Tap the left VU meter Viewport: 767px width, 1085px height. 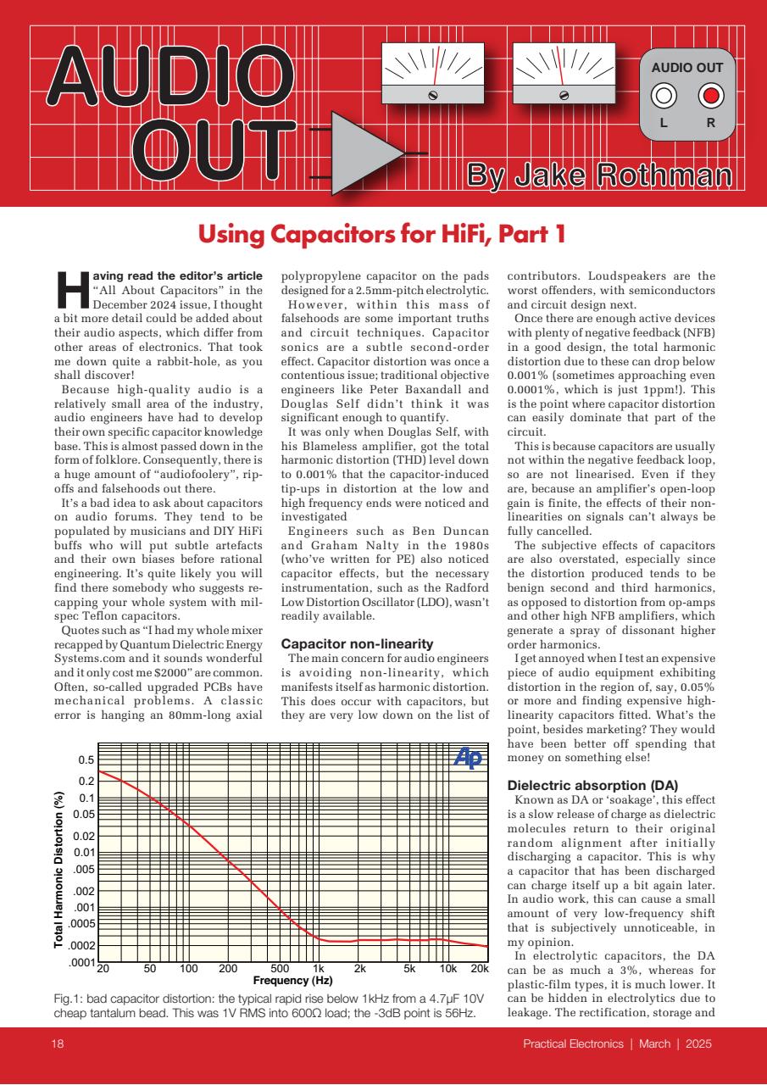point(432,73)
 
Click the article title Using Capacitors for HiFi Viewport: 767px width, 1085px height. point(382,235)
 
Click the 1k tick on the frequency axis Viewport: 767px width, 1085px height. point(319,969)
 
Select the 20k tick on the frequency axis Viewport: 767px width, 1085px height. point(480,969)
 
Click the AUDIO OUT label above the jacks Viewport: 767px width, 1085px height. point(687,65)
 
